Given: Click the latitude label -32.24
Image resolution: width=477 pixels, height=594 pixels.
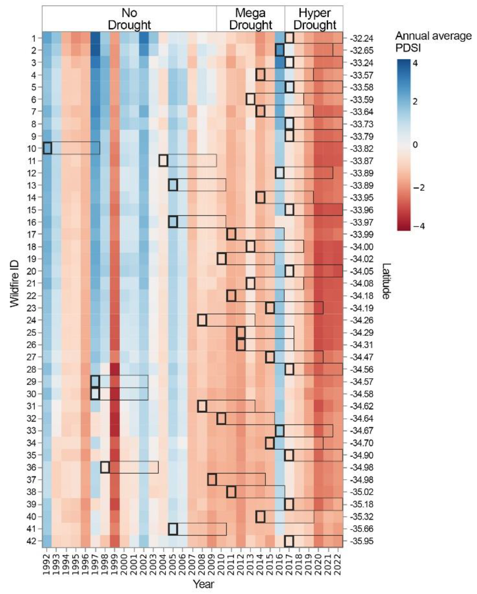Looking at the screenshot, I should click(361, 38).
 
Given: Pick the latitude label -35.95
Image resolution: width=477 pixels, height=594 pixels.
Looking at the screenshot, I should click(361, 541).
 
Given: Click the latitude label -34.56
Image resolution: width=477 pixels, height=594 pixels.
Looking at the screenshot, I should click(361, 369).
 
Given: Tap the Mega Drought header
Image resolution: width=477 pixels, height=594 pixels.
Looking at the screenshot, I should click(250, 19).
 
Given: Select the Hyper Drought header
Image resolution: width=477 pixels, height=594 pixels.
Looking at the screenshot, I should click(314, 19).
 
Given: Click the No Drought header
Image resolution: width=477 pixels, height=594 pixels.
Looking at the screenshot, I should click(129, 19).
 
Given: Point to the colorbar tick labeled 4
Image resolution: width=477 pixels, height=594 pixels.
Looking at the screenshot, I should click(415, 63).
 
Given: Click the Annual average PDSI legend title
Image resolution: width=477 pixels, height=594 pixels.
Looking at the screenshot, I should click(433, 42).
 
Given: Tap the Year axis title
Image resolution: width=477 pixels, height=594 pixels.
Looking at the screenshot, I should click(203, 584).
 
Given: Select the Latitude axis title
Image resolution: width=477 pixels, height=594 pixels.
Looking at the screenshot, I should click(386, 281).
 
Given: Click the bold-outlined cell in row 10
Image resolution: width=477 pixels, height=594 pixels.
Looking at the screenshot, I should click(47, 148).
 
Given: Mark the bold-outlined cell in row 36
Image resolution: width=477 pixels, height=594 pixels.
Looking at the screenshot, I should click(105, 467).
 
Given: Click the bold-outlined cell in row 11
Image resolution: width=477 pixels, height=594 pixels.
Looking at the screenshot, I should click(163, 161).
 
